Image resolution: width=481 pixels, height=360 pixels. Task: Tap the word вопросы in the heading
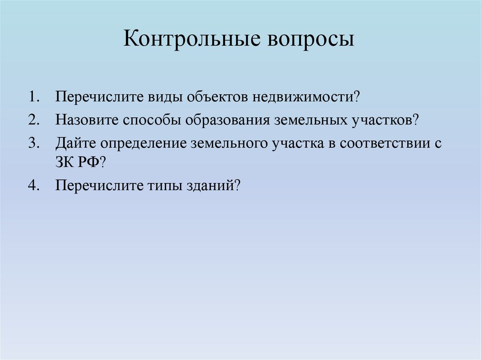point(311,40)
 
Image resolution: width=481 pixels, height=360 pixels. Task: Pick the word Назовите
point(87,120)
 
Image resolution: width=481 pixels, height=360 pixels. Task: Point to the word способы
point(153,120)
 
